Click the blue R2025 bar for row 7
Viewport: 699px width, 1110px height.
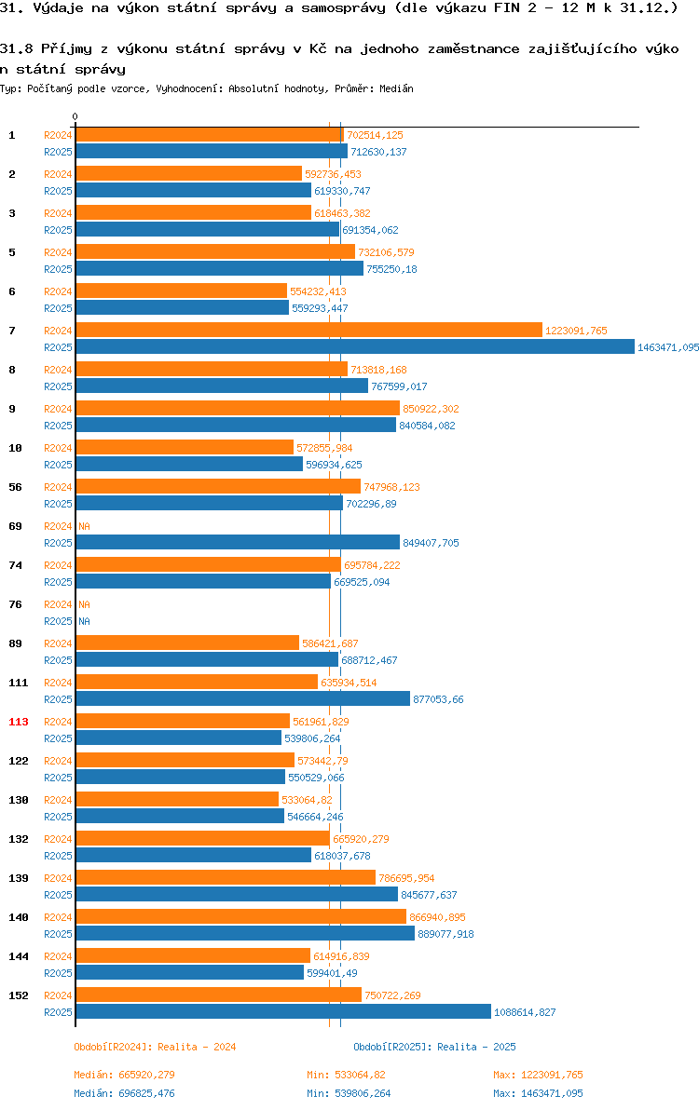355,346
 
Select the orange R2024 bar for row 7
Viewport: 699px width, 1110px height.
309,330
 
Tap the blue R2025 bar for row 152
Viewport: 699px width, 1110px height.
283,1011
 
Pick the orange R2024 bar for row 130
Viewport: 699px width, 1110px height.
178,799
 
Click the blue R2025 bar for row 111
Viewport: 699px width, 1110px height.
243,698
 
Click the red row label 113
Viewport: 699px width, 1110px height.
19,722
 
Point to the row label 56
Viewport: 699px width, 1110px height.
16,487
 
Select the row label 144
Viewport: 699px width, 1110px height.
19,956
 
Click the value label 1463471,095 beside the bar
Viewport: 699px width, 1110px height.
668,347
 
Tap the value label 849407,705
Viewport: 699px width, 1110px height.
431,543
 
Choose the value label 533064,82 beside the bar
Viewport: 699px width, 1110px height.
307,800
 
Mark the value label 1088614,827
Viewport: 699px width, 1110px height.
525,1012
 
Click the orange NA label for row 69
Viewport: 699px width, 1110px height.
84,526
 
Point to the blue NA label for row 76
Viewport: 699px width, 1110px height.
84,621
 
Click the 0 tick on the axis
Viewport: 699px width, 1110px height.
75,116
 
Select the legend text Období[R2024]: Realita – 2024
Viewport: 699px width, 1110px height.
155,1047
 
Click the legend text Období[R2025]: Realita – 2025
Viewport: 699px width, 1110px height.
435,1047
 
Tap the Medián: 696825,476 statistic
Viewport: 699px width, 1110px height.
124,1093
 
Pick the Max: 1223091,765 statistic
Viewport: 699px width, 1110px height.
539,1075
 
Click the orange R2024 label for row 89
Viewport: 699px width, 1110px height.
58,643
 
